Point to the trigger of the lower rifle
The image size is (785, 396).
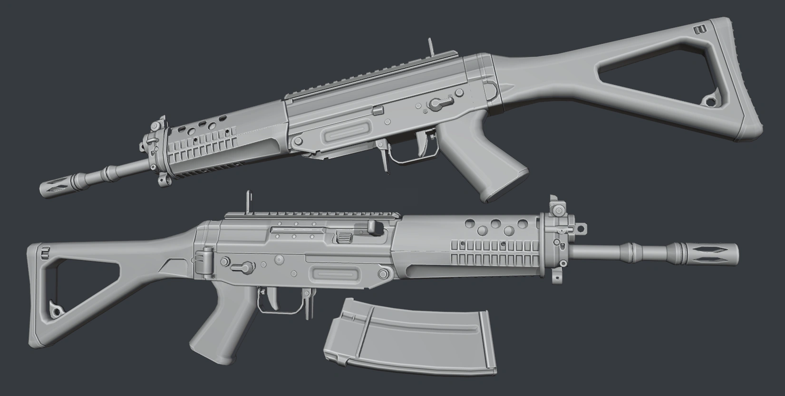tap(275, 297)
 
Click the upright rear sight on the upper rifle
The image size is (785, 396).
tap(431, 47)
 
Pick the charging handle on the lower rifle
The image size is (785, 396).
tap(375, 228)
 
